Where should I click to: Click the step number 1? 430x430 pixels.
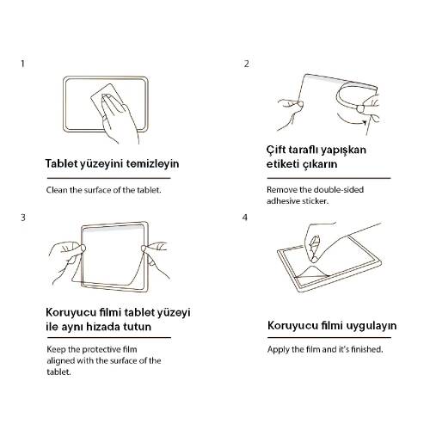click(x=23, y=64)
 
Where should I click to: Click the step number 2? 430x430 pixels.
click(x=247, y=64)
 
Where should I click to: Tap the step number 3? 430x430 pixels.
click(x=23, y=217)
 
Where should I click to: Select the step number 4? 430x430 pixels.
click(x=247, y=217)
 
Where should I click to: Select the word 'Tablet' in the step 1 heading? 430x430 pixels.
click(x=62, y=163)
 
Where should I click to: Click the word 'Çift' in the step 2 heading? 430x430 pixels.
click(x=279, y=150)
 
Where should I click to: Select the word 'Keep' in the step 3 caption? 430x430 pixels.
click(x=56, y=351)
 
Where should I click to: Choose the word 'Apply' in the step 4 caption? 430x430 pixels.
click(x=279, y=351)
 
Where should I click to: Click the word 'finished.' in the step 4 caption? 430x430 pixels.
click(x=365, y=351)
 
